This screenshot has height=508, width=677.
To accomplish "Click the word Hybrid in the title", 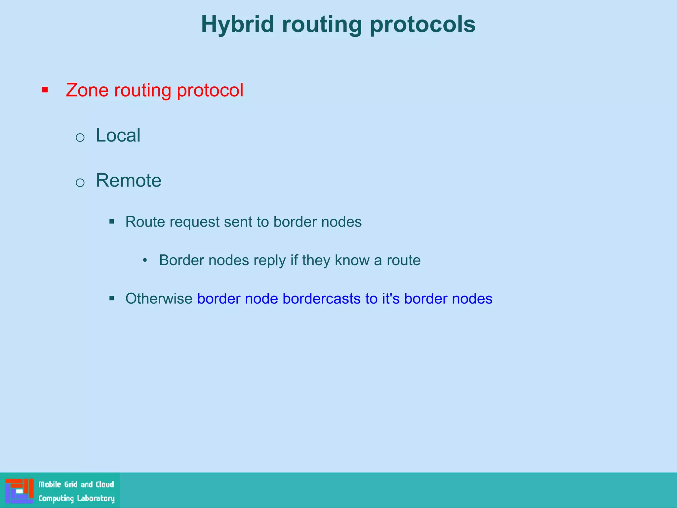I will coord(237,25).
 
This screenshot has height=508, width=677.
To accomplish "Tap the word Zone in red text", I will coord(87,90).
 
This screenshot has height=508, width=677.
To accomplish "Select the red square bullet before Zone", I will coord(45,90).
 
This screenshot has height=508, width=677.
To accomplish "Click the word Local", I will coord(118,135).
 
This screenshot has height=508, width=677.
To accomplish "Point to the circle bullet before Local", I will coord(80,137).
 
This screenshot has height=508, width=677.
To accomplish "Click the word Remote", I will coord(128,181).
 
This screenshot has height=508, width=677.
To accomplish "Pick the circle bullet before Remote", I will coord(80,183).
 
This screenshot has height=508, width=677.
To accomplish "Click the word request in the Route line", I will coord(194,222).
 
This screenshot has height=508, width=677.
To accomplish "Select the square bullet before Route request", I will coord(112,222).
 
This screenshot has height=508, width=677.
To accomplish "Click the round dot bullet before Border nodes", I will coord(145,260).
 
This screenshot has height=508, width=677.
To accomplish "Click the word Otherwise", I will coord(159,299).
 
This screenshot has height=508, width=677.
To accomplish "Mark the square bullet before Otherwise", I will coord(112,299).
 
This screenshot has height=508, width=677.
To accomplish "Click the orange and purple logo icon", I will coord(19,490).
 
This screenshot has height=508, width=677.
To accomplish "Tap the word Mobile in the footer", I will coord(50,485).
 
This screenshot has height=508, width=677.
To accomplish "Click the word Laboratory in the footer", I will coord(96,498).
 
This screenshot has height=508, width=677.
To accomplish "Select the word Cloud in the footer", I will coord(105,485).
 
